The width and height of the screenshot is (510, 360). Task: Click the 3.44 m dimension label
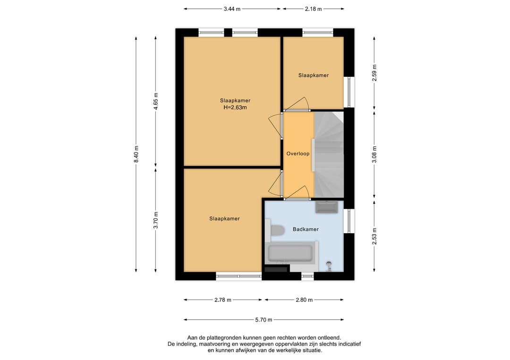232,9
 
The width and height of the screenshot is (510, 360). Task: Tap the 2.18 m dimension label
313,9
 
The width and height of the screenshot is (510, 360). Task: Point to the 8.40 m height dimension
136,154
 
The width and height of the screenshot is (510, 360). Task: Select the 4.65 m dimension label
156,101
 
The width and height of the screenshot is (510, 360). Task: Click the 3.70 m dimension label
156,220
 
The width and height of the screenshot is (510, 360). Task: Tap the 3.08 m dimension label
374,155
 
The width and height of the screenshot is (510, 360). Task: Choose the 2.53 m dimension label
374,236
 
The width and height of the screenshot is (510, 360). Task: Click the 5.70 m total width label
263,320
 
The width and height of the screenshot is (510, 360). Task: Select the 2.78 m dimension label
223,300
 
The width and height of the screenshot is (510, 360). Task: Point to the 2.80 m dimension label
304,300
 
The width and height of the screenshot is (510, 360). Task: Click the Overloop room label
298,154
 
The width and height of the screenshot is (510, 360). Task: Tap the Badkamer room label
306,229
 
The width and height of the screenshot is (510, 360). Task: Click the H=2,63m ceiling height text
235,108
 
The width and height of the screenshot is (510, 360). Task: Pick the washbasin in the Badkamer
327,207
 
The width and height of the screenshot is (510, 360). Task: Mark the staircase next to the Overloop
329,155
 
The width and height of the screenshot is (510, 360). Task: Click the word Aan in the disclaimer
192,338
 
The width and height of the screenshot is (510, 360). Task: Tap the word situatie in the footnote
312,350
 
